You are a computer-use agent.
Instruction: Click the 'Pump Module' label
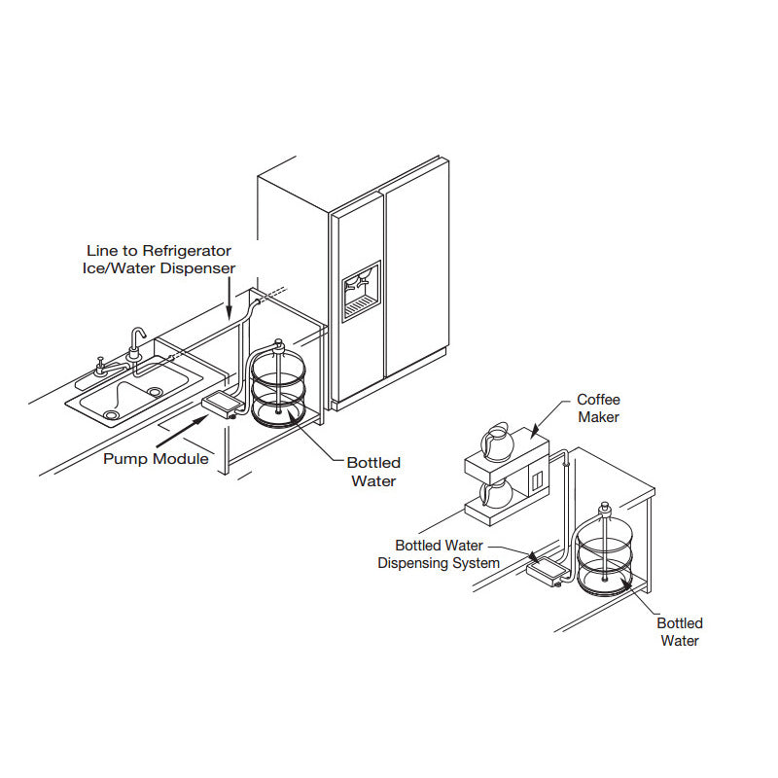point(156,458)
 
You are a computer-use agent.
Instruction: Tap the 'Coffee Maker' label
point(598,407)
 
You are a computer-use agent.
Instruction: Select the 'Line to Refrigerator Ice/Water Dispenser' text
point(160,259)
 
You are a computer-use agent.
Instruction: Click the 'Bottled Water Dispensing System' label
point(439,554)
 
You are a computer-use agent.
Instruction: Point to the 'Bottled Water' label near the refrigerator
point(373,471)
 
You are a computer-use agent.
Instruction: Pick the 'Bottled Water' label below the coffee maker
point(680,631)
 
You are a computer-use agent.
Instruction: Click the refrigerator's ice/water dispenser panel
point(361,289)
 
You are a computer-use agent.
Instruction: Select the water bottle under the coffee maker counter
point(606,557)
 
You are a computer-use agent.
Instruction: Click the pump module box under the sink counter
point(222,404)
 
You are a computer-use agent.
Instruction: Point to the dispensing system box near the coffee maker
point(545,571)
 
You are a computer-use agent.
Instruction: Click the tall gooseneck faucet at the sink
point(136,344)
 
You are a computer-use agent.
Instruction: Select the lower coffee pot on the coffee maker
point(497,495)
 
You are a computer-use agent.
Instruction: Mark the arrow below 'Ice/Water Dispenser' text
point(228,296)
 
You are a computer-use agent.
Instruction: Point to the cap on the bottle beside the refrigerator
point(280,343)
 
